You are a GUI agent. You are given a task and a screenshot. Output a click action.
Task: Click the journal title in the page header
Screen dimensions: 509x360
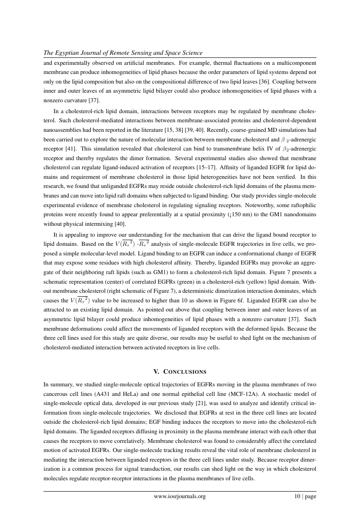[x=123, y=53]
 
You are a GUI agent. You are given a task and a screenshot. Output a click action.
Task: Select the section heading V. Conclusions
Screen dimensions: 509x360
[x=180, y=372]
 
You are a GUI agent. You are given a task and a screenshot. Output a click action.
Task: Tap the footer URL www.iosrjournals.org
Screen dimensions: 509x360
[x=180, y=496]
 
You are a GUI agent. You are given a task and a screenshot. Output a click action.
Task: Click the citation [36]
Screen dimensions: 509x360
[x=245, y=81]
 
